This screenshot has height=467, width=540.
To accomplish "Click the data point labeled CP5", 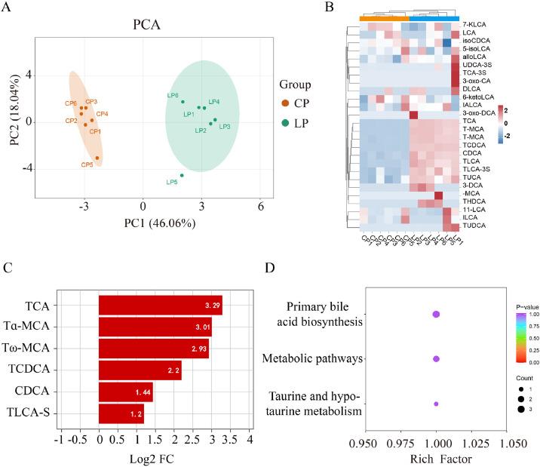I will click(97, 158).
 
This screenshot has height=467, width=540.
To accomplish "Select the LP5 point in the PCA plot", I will click(182, 175).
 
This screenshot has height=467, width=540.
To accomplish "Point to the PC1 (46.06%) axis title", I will click(164, 223).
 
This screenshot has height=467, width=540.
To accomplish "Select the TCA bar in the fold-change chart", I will click(160, 284).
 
